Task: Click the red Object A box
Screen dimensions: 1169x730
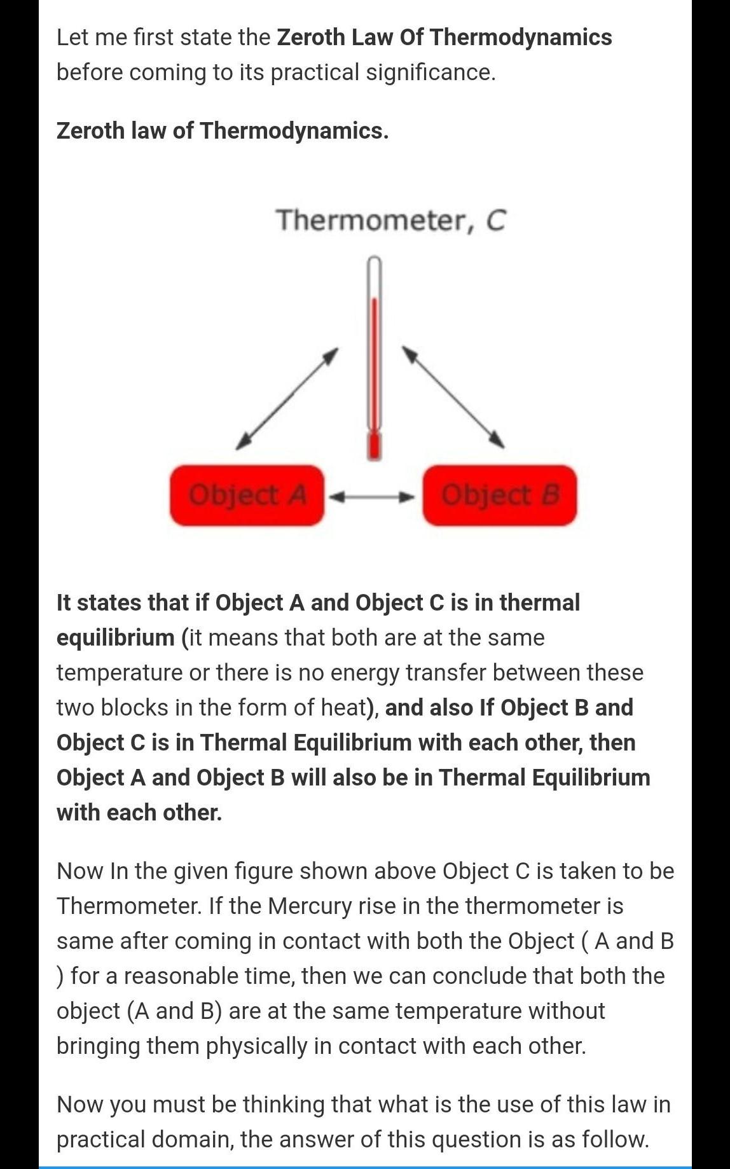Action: (247, 495)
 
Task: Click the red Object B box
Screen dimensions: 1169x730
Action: (500, 495)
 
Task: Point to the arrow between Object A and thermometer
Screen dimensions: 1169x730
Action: (287, 399)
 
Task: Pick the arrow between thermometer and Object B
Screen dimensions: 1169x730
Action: (453, 398)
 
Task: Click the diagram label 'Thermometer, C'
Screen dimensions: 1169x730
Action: (390, 220)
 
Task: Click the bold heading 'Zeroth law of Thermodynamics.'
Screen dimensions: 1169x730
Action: (222, 130)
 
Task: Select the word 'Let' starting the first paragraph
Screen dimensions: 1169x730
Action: (72, 37)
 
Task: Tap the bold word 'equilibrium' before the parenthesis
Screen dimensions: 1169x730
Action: (115, 637)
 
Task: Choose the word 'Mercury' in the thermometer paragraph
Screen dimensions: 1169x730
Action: (309, 906)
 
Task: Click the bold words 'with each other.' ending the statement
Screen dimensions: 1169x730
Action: (139, 812)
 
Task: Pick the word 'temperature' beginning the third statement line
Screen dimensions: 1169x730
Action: (120, 672)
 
